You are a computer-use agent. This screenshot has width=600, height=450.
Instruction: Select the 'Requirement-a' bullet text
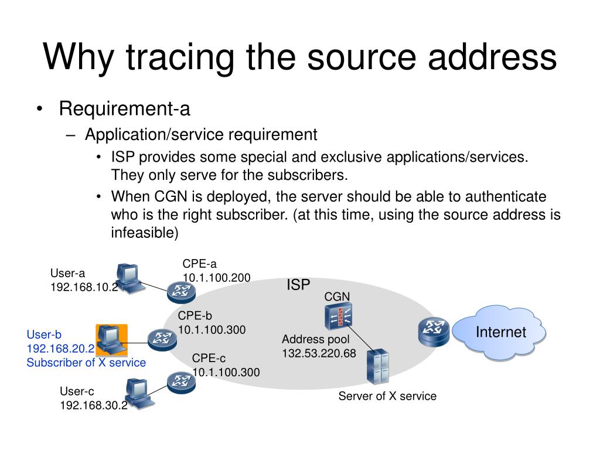(x=124, y=108)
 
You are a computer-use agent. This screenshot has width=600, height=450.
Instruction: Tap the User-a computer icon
(x=128, y=278)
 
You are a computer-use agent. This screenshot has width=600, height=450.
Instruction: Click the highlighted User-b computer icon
(x=111, y=339)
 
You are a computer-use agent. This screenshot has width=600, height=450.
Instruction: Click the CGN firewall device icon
(x=338, y=317)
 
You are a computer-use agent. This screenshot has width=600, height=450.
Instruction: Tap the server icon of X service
(x=377, y=367)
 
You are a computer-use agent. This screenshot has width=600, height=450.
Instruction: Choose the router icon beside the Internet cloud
(x=433, y=331)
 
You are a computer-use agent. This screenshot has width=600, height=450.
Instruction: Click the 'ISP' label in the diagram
(x=298, y=285)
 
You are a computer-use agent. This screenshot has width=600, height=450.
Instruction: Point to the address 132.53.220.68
(x=319, y=353)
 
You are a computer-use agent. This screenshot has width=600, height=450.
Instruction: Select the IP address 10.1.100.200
(x=216, y=277)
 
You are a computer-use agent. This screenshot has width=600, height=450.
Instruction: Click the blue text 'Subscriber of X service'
(x=86, y=362)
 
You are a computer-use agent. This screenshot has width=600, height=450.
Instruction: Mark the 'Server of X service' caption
(x=387, y=396)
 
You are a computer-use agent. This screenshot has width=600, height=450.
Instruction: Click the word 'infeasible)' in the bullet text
(x=144, y=233)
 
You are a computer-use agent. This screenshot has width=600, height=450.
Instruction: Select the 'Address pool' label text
(x=315, y=339)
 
